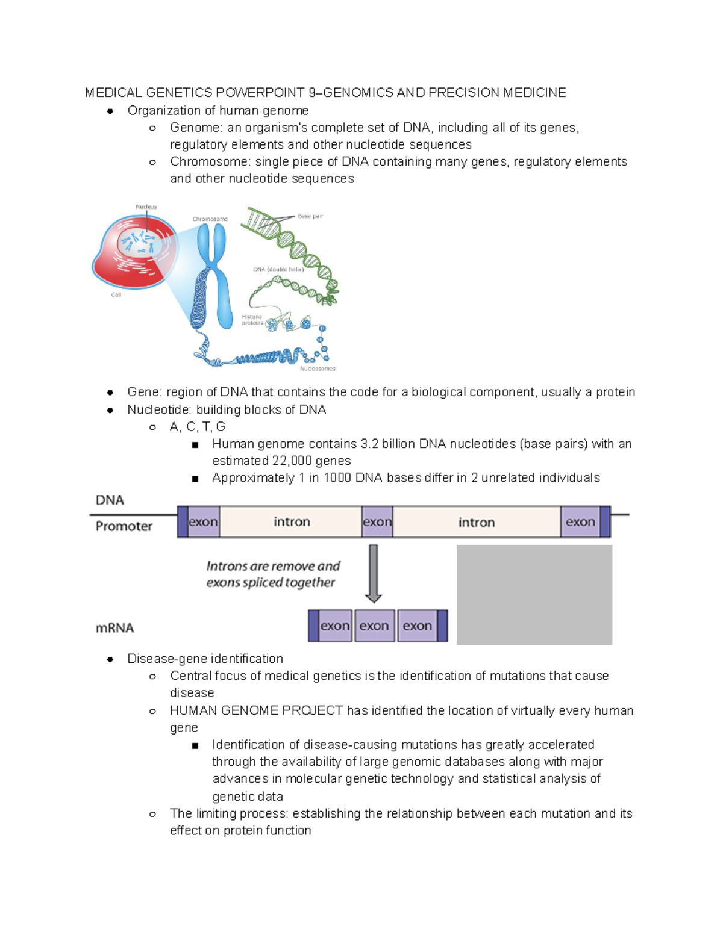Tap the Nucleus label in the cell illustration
click(146, 207)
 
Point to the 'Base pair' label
click(310, 216)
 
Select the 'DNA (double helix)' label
click(278, 269)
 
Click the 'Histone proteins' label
click(252, 320)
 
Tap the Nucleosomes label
click(318, 368)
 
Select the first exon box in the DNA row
click(203, 522)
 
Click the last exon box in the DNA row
click(580, 522)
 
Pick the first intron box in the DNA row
click(292, 522)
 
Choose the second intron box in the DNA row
click(476, 522)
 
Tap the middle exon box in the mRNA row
click(374, 626)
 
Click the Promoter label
click(124, 526)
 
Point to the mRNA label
click(114, 628)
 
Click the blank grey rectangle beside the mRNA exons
click(534, 595)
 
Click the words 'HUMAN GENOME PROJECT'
click(256, 711)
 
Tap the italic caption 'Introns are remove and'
click(273, 566)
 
